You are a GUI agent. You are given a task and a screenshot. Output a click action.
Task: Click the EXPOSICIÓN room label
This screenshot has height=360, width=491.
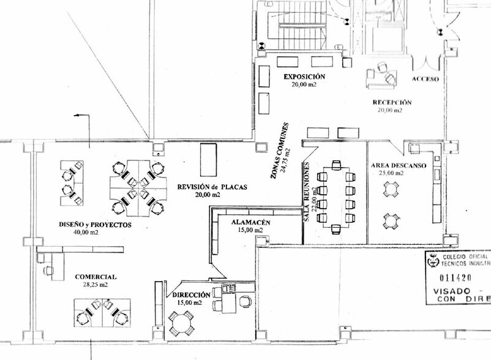304,77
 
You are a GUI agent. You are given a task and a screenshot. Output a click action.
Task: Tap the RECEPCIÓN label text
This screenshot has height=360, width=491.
392,102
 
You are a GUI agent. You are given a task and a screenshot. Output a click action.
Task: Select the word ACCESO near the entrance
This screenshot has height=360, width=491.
425,80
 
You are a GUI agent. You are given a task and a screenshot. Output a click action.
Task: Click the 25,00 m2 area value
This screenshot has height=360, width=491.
392,173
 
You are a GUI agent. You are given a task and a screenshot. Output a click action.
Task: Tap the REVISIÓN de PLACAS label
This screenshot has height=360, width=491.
212,187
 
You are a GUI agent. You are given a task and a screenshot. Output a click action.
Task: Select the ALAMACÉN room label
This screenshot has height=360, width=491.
250,223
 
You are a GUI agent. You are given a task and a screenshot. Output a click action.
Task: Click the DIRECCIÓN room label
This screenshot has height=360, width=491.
192,295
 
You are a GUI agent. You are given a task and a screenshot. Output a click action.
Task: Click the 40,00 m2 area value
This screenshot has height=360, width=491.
86,233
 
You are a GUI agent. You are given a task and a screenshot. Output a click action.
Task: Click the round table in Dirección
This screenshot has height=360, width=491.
182,322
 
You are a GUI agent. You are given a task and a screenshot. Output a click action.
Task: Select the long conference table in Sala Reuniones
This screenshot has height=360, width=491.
336,197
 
